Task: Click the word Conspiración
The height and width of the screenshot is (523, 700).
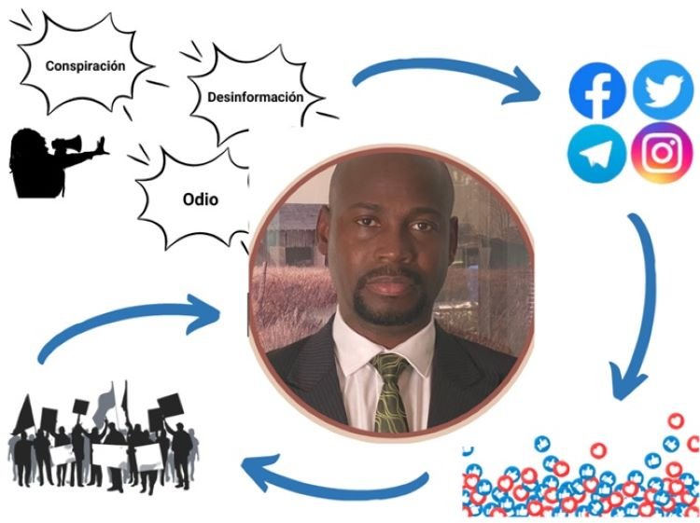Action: tap(85, 66)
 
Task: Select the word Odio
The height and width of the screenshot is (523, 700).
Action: tap(200, 199)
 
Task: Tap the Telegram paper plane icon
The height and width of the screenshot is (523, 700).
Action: tap(596, 155)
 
